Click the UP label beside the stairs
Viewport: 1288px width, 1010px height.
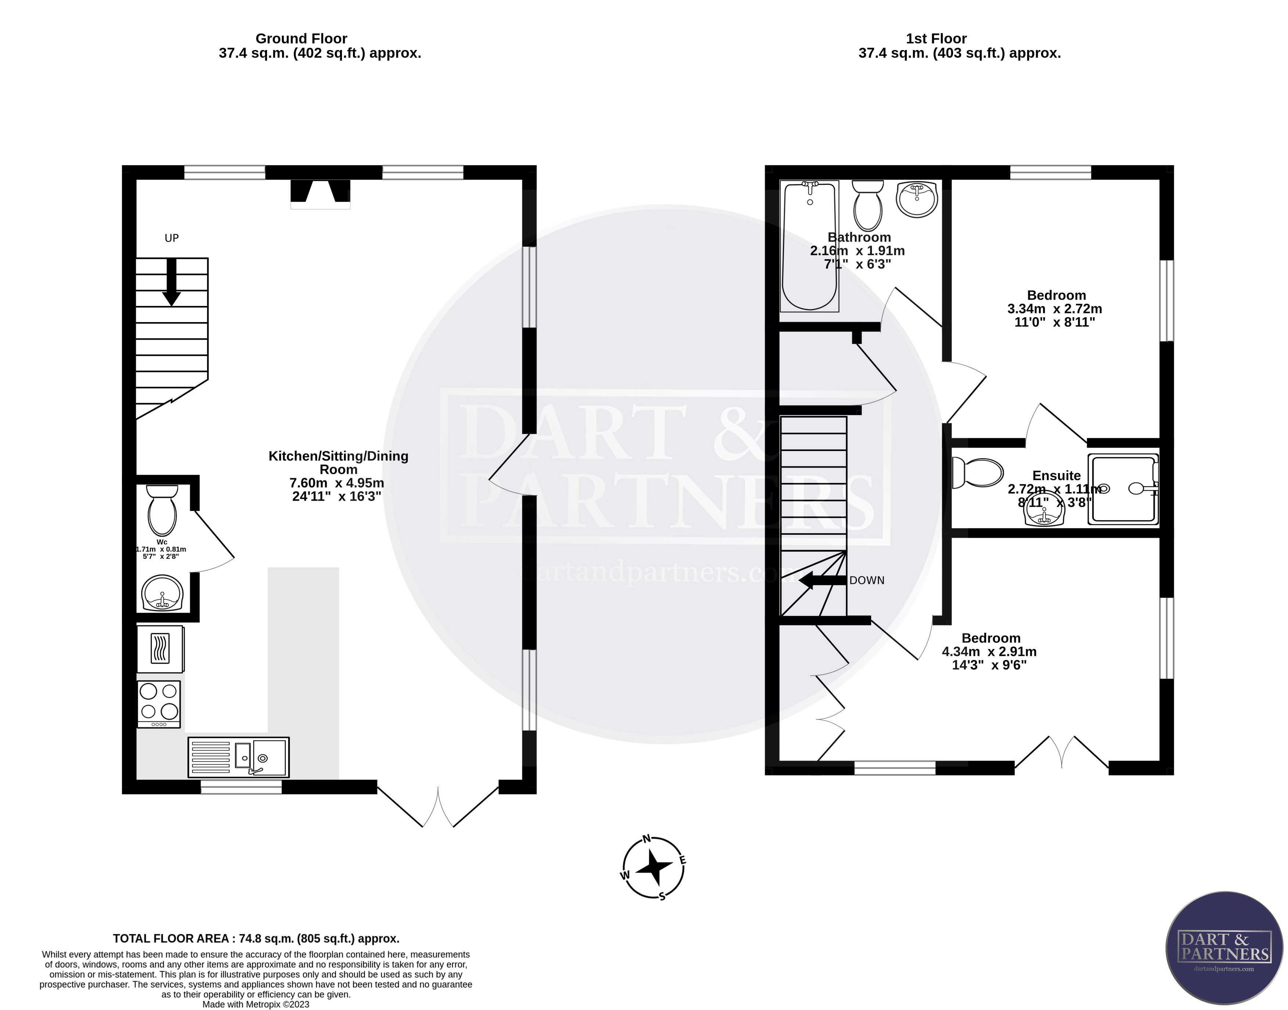tap(172, 238)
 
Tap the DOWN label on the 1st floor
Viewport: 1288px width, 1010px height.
tap(866, 581)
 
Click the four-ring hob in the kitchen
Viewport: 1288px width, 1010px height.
tap(159, 704)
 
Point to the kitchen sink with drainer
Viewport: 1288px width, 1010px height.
tap(238, 757)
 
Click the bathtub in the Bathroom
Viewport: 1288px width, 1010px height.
tap(809, 246)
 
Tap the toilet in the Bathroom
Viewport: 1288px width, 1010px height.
tap(867, 206)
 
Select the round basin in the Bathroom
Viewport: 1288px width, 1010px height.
tap(917, 199)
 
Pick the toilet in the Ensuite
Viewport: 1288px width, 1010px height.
tap(977, 473)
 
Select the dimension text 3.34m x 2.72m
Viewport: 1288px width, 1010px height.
tap(1054, 309)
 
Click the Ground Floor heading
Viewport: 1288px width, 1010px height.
tap(301, 39)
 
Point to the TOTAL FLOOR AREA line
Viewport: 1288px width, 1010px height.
tap(256, 938)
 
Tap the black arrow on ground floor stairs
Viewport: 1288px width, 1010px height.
tap(172, 283)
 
